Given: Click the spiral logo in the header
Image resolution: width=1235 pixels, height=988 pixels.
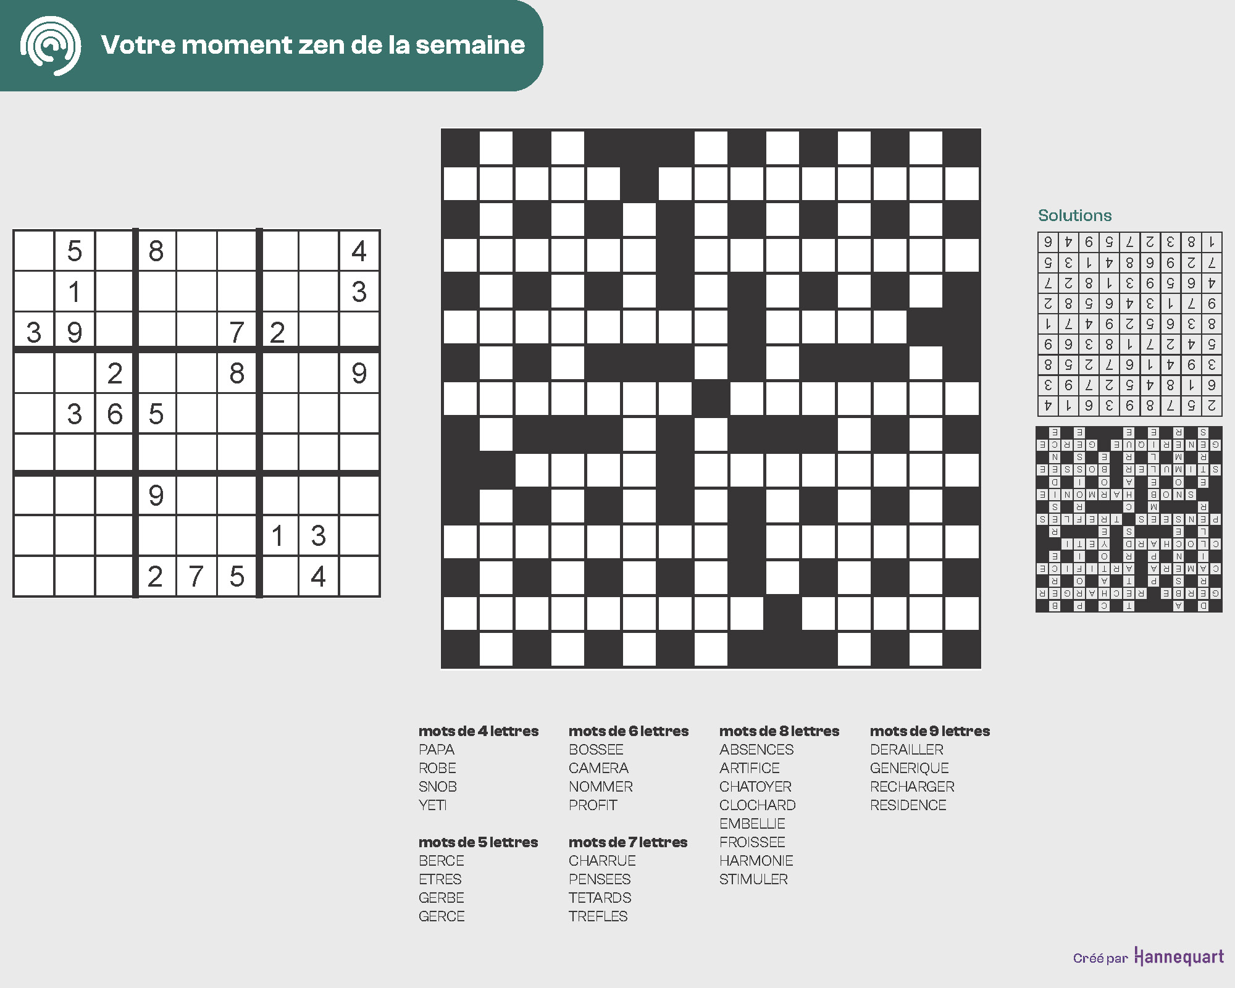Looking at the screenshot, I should [51, 46].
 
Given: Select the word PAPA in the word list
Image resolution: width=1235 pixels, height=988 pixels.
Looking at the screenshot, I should [437, 750].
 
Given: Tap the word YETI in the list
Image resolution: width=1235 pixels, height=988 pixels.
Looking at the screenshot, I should [432, 805].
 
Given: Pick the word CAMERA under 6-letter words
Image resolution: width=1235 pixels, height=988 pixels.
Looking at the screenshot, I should [598, 768].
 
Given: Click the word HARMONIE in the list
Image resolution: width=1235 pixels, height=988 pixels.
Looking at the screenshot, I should [756, 861].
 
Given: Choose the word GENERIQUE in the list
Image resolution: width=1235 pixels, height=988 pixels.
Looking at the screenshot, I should [909, 768].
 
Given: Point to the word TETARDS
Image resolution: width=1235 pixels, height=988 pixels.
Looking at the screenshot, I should [600, 898].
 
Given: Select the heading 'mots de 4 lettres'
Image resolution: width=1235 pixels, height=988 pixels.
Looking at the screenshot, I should [479, 731].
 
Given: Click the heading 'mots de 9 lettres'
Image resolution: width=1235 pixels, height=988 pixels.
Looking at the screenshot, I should [929, 731].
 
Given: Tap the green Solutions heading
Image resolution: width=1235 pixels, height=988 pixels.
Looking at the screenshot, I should [1074, 216].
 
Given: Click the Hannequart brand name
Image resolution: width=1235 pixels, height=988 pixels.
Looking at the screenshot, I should [1179, 957].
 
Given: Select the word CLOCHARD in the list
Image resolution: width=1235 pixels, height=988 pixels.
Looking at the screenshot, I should [757, 805].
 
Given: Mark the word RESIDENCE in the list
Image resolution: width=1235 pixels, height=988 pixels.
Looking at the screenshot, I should [908, 805].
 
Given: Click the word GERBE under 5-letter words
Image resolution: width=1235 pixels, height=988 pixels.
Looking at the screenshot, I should [441, 898].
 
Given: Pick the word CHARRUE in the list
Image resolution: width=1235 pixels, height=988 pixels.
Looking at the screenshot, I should [602, 861].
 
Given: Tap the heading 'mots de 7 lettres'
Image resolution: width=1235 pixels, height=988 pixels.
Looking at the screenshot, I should [627, 842].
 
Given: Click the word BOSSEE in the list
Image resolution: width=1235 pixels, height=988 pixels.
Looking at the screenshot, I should [596, 750].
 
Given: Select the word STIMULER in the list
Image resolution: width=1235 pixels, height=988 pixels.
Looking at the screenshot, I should [753, 879].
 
